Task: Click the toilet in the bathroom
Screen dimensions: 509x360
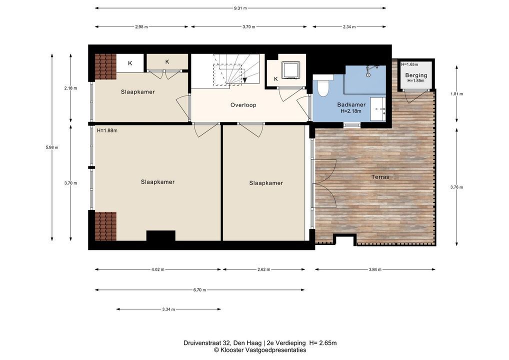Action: point(322,85)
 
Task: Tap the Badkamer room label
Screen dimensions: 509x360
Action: point(351,104)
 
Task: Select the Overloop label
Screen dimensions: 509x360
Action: point(243,105)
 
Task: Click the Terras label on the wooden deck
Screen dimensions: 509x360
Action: point(380,177)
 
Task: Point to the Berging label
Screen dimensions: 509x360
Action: point(416,75)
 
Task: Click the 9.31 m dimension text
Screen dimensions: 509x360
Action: point(240,8)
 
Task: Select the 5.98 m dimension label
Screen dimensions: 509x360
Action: point(52,147)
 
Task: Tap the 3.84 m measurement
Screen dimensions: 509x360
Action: point(375,269)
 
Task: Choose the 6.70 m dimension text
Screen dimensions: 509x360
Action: point(199,290)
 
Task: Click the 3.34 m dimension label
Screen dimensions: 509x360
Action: point(168,309)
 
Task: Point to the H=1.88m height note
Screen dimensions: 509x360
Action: point(107,131)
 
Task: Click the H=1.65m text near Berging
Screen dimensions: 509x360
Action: point(409,64)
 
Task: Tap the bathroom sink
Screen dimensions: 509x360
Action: point(378,108)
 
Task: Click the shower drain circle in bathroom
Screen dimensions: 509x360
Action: point(368,74)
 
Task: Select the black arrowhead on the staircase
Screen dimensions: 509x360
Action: point(245,80)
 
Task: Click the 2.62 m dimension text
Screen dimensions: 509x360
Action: point(263,269)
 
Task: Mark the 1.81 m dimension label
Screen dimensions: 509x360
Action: point(456,94)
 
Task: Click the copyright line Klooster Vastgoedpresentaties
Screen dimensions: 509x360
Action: point(259,350)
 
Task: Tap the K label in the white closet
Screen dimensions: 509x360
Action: point(130,63)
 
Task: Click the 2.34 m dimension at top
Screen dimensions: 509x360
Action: point(349,27)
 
